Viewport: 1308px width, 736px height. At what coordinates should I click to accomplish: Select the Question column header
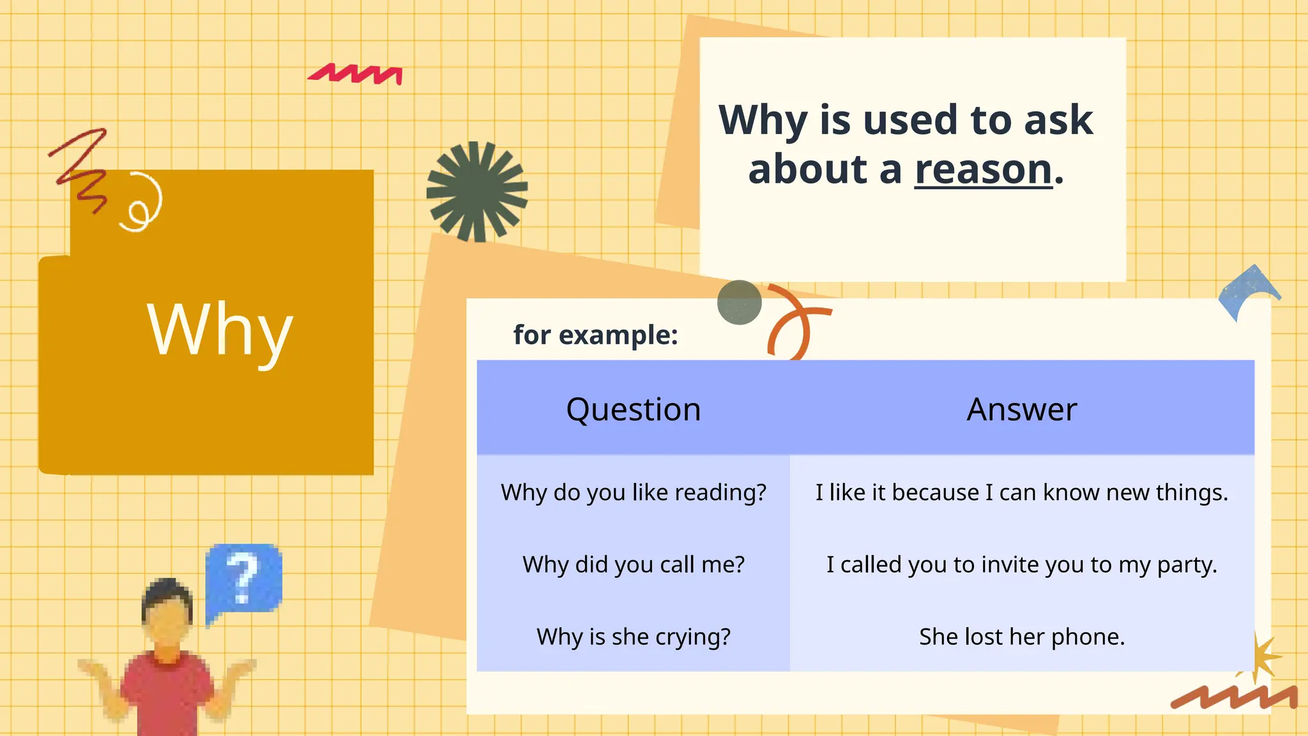coord(633,410)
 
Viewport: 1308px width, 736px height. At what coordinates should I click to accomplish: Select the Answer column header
coord(1021,410)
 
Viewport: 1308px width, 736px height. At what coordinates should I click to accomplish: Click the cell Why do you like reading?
coord(633,493)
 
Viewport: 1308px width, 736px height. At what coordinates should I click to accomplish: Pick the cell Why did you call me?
coord(633,565)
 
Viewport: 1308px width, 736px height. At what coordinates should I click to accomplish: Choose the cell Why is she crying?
coord(633,637)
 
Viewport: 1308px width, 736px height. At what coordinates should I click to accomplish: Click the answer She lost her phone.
coord(1021,637)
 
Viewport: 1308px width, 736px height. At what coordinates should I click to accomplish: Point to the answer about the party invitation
coord(1021,565)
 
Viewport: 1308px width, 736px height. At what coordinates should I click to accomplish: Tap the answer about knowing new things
coord(1021,493)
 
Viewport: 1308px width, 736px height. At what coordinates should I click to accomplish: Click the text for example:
coord(595,335)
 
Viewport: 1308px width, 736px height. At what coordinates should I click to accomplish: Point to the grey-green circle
coord(739,302)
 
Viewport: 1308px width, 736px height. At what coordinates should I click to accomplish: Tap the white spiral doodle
coord(142,203)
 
